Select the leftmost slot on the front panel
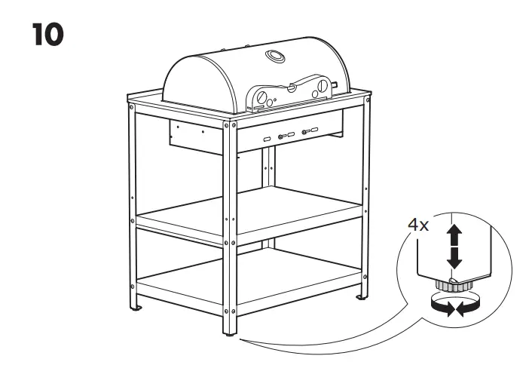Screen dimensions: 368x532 [266, 139]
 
